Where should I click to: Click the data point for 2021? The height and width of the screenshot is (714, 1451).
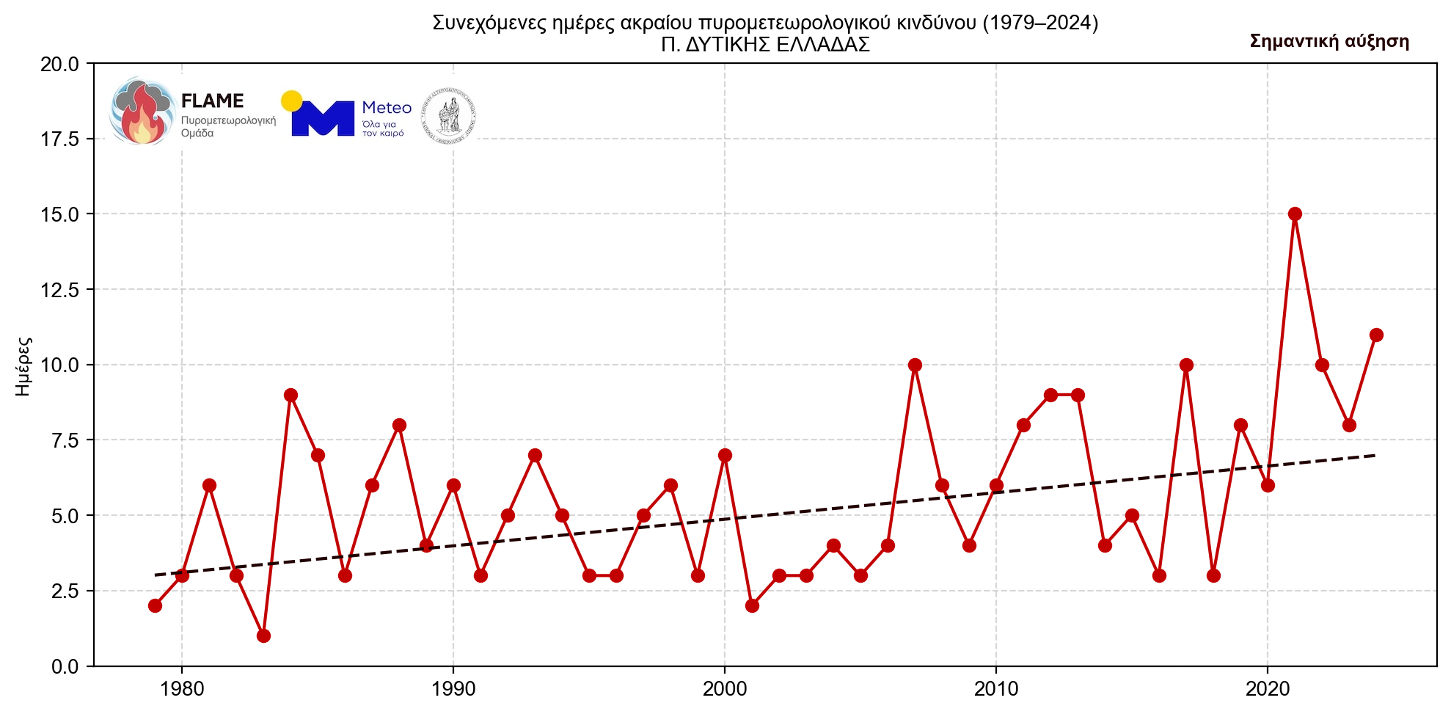coord(1295,214)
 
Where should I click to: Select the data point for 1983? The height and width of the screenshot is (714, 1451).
coord(263,635)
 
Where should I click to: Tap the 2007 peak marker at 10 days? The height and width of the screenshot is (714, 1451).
coord(915,365)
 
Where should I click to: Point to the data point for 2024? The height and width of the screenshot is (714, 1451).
coord(1376,335)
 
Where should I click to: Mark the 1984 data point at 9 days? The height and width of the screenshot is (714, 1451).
coord(290,395)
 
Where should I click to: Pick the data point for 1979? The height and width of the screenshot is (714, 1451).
coord(155,605)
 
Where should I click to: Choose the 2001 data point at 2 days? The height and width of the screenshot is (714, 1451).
coord(752,605)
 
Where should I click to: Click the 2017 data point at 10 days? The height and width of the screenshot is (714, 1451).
coord(1186,365)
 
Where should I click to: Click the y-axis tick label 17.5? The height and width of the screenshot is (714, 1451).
coord(59,139)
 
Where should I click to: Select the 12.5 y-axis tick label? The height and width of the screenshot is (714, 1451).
coord(59,290)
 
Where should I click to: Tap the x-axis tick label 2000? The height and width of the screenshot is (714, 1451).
coord(725,689)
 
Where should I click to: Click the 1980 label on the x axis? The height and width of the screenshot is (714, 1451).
coord(182,689)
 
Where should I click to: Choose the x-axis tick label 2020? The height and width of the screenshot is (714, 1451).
coord(1268,689)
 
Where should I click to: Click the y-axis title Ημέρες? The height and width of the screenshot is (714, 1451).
coord(23,365)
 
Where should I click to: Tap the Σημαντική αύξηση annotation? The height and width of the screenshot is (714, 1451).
coord(1329,41)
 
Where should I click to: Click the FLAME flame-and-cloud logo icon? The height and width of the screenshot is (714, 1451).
coord(142,112)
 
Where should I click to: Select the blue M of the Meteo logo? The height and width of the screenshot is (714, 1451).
coord(322,118)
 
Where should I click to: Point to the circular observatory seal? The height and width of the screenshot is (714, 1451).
coord(449,115)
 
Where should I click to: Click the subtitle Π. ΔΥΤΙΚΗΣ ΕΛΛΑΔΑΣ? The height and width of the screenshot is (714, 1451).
coord(765,45)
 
